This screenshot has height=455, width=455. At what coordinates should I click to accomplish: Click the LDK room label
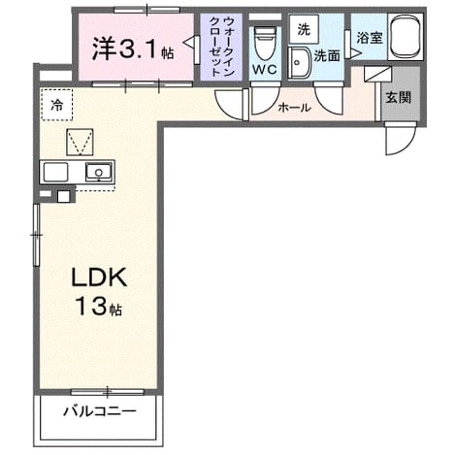point(99,277)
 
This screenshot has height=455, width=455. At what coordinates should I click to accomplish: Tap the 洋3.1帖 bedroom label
point(133,49)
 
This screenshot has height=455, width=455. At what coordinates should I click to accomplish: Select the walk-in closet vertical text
point(222,47)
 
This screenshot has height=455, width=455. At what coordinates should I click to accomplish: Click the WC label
point(264,69)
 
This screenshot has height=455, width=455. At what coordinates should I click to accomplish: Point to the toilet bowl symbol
point(265,43)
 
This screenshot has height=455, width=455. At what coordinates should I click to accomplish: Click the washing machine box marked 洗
point(304,29)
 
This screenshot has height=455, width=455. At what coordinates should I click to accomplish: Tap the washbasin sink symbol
point(299,63)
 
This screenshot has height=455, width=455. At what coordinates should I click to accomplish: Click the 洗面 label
point(327,56)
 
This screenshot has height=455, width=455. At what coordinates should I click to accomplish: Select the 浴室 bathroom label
point(370,38)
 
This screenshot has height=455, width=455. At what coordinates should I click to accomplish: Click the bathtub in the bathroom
point(406,37)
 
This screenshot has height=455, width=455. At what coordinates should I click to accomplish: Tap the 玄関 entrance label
point(399,97)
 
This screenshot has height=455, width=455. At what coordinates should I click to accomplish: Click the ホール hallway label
point(295,108)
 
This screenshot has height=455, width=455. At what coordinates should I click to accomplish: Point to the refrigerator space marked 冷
point(56,105)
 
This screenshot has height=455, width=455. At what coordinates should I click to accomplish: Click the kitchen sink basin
point(99,172)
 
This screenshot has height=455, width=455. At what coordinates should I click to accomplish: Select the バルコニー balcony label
point(100,411)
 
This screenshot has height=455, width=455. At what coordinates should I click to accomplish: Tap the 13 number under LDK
point(91,307)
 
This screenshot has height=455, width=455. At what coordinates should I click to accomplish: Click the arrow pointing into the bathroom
point(356,53)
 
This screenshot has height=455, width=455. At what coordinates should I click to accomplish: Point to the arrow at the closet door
point(188,43)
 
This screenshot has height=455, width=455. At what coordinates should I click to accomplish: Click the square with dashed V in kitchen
point(80,142)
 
